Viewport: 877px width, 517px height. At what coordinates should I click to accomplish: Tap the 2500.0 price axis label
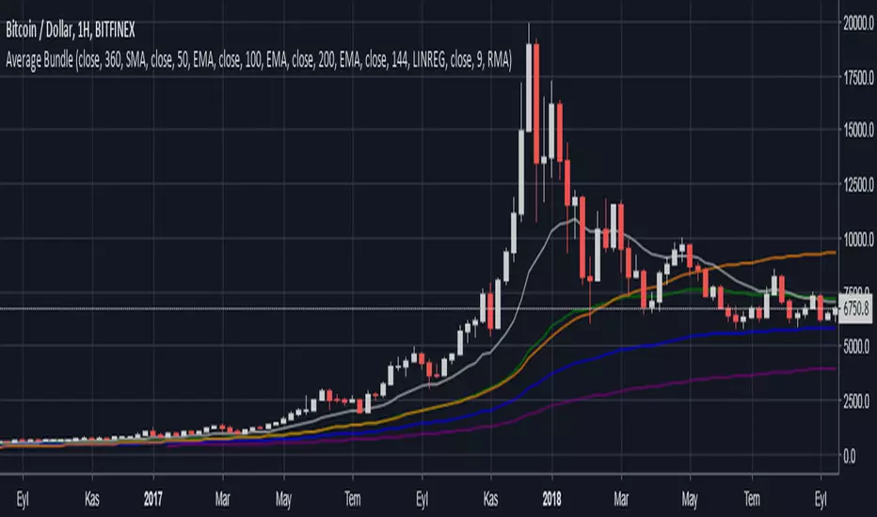pyautogui.click(x=854, y=401)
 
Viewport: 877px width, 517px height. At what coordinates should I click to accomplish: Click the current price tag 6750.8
pyautogui.click(x=855, y=308)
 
